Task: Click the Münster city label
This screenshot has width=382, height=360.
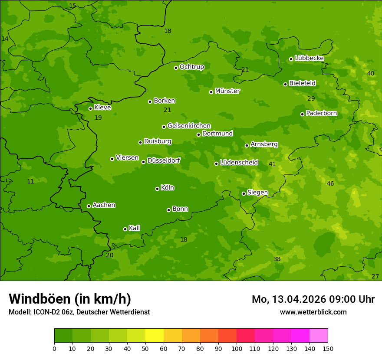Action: tap(227, 91)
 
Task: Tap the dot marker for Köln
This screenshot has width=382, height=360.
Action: tap(157, 189)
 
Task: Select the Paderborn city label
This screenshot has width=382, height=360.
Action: tap(321, 113)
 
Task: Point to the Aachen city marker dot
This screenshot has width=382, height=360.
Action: tap(89, 206)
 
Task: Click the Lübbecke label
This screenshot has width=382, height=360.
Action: tap(309, 58)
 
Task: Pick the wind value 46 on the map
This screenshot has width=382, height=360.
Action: tap(330, 183)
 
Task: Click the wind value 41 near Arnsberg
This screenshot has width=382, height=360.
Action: tap(272, 164)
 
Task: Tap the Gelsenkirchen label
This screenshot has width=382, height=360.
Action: tap(189, 126)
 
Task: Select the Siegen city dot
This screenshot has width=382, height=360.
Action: tap(244, 193)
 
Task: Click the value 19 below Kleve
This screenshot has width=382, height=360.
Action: tap(98, 118)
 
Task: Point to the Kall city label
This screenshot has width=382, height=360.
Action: tap(134, 228)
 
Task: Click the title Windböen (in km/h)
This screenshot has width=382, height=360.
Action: tap(70, 299)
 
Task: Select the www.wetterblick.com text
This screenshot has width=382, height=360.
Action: tap(313, 312)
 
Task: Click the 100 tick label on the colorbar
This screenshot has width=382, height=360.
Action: tap(237, 348)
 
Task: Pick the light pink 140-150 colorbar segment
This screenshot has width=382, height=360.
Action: tap(319, 336)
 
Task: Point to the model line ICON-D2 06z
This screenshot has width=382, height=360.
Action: tap(79, 312)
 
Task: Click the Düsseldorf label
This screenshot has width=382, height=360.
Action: tap(164, 160)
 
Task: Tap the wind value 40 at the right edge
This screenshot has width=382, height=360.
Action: tap(371, 73)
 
